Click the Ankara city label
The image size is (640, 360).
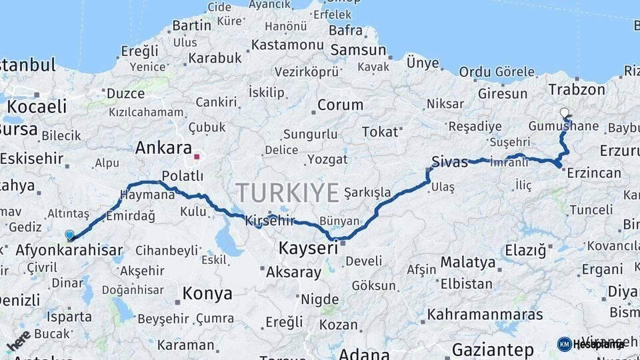163,148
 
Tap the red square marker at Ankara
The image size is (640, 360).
196,158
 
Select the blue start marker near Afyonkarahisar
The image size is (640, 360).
69,235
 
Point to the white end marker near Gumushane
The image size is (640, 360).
565,113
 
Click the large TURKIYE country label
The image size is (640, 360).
287,193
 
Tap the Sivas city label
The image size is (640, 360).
450,162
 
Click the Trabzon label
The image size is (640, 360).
577,89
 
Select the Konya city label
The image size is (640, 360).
207,293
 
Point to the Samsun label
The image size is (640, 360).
358,50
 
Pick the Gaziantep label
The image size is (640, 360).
493,350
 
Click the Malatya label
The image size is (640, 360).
468,262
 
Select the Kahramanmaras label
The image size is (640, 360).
493,313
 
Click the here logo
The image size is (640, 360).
19,341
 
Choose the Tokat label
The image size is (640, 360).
379,132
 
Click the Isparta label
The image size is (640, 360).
69,317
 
